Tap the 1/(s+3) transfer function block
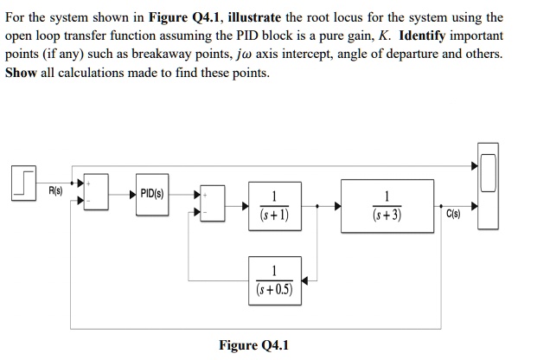pos(387,206)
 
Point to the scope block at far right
pos(489,191)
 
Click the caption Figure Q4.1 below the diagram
pos(253,345)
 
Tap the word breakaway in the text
pos(167,55)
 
